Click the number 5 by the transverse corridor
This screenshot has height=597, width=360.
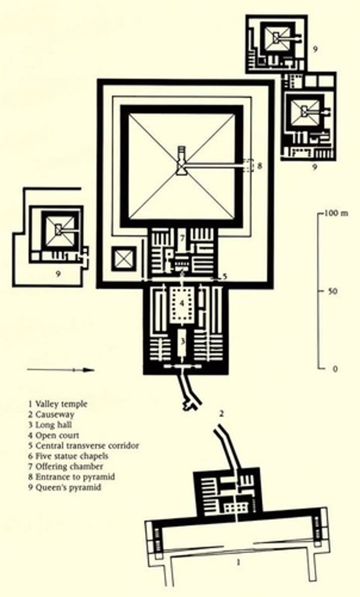tap(225, 277)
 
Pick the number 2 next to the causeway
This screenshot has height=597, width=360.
tap(222, 412)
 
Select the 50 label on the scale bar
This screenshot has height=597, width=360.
tap(333, 291)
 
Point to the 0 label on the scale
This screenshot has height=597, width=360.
tap(334, 369)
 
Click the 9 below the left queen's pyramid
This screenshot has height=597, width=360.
tap(58, 273)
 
